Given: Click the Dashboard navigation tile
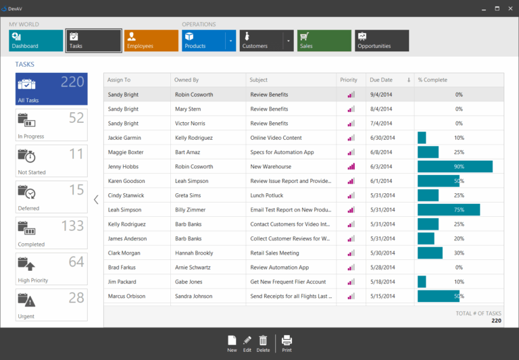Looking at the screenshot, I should tap(35, 41).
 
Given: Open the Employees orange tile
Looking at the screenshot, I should tap(151, 41).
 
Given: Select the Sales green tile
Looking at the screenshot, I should tap(324, 41).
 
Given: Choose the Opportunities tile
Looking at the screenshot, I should tap(382, 41).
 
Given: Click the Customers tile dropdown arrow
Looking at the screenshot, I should tap(289, 41).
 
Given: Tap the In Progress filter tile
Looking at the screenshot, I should tap(51, 125).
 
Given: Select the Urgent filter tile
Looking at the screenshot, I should tap(51, 305).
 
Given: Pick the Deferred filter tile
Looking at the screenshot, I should tap(51, 197).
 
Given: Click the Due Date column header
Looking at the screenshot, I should tap(385, 80).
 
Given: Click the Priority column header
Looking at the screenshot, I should tap(349, 80).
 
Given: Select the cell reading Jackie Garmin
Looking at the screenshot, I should tap(124, 138).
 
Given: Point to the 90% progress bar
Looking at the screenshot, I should tap(455, 167).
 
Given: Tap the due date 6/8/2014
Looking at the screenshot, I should tap(382, 152).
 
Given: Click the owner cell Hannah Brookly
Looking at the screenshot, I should tap(194, 253).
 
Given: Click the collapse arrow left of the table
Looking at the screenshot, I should tap(96, 199).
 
